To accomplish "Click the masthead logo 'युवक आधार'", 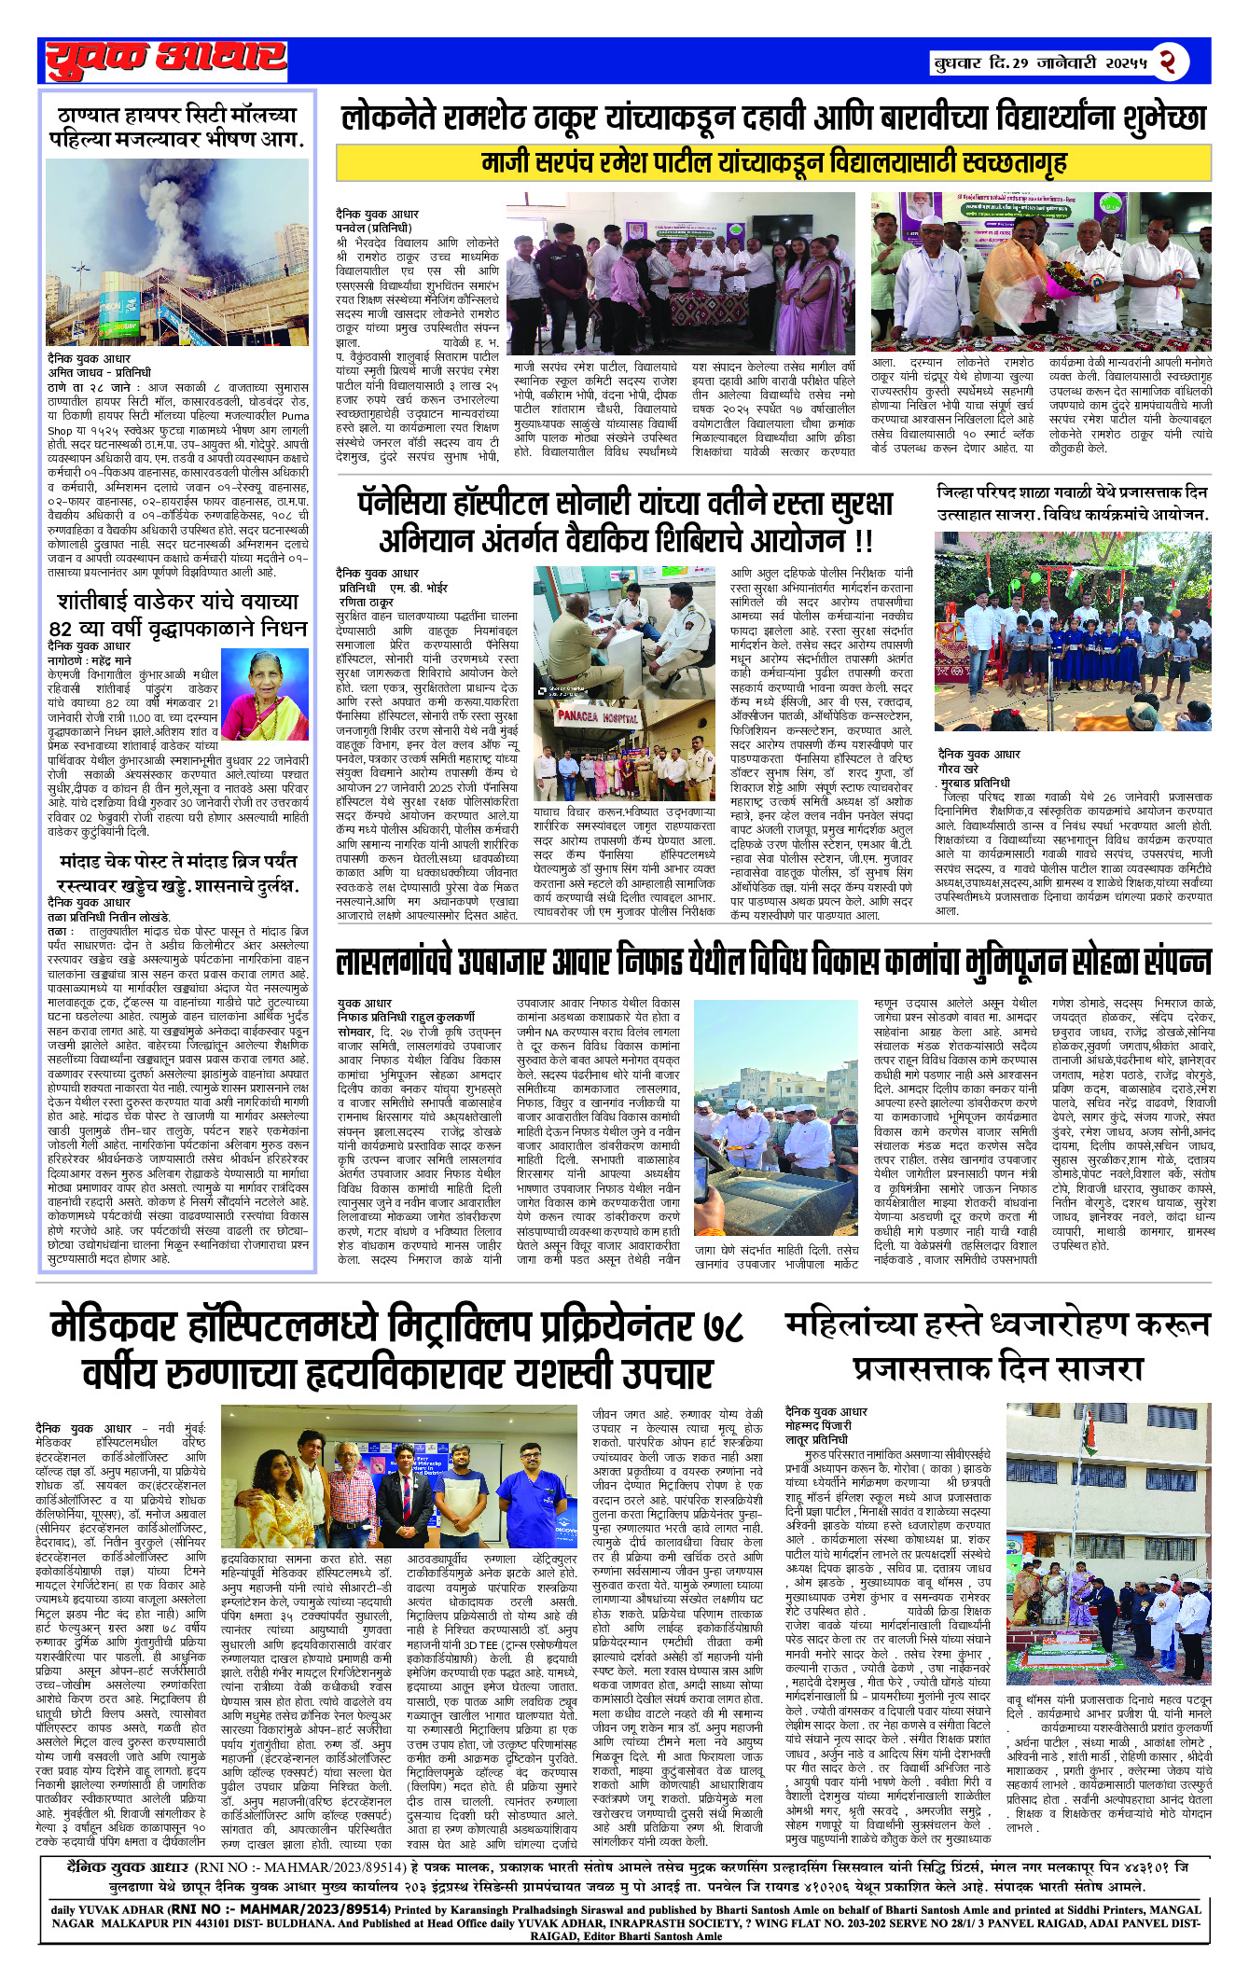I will (x=166, y=59).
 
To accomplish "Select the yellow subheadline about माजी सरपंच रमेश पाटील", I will (x=773, y=162).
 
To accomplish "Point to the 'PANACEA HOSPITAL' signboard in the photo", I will (x=597, y=717).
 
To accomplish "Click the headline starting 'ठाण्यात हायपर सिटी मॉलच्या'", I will (x=178, y=127).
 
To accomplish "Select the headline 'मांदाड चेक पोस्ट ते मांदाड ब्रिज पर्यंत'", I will (x=177, y=861).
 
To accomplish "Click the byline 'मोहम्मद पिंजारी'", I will (x=818, y=1426).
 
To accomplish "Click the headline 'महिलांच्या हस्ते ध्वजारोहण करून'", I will (x=997, y=1324).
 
